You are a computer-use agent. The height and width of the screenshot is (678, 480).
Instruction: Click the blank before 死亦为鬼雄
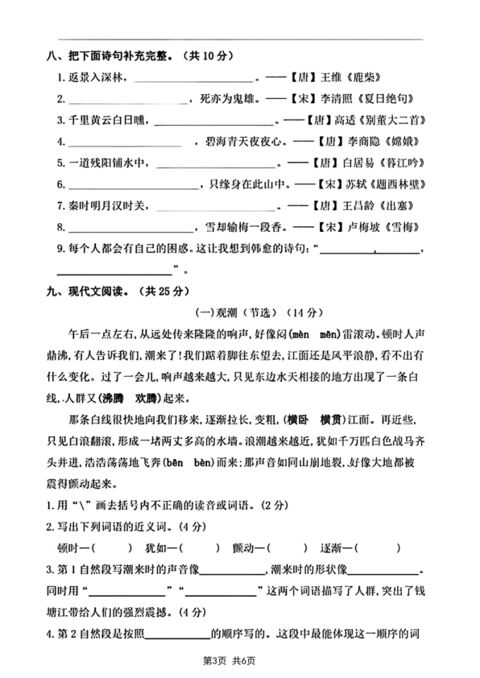point(128,100)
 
